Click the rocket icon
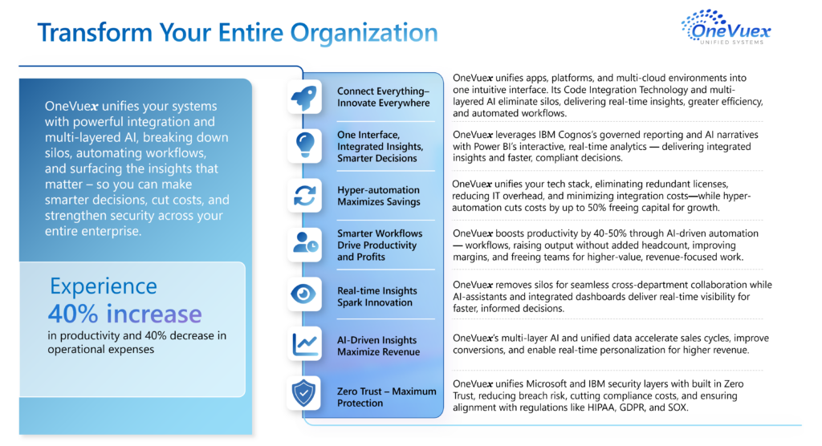coord(304,97)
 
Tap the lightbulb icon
coord(304,146)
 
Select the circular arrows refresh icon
coord(304,196)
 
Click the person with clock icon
coord(304,245)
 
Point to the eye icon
coord(304,294)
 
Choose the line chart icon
coord(304,344)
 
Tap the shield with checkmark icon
coord(304,393)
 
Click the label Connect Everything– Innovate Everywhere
coord(383,97)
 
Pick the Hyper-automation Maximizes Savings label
coord(378,196)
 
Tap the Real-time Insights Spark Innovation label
coord(376,297)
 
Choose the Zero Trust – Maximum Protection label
coord(386,397)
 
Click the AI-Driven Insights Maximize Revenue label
coord(377,347)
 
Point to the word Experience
coord(104,286)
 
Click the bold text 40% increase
coord(124,313)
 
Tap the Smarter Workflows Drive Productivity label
coord(380,245)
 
